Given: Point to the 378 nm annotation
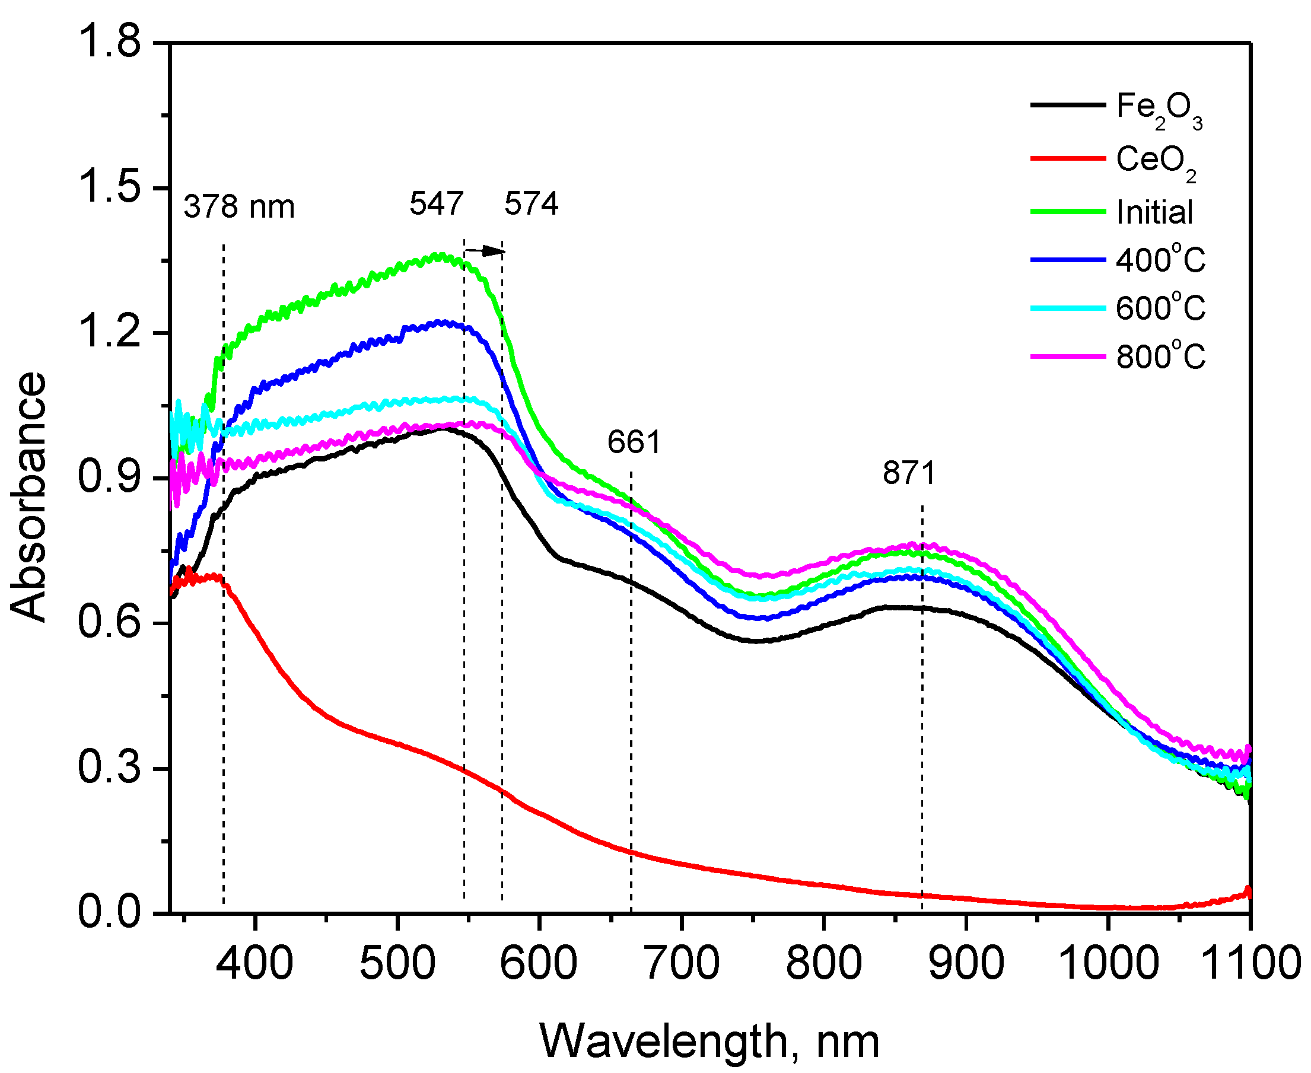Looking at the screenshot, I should coord(238,206).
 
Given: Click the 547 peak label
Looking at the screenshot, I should coord(436,203).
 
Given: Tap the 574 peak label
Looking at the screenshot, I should coord(531,203).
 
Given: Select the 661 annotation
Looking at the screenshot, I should coord(634,442).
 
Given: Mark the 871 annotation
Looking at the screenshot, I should coord(909,473).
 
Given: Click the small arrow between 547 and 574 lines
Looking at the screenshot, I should coord(485,251).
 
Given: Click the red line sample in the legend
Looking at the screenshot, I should coord(1067,159).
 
